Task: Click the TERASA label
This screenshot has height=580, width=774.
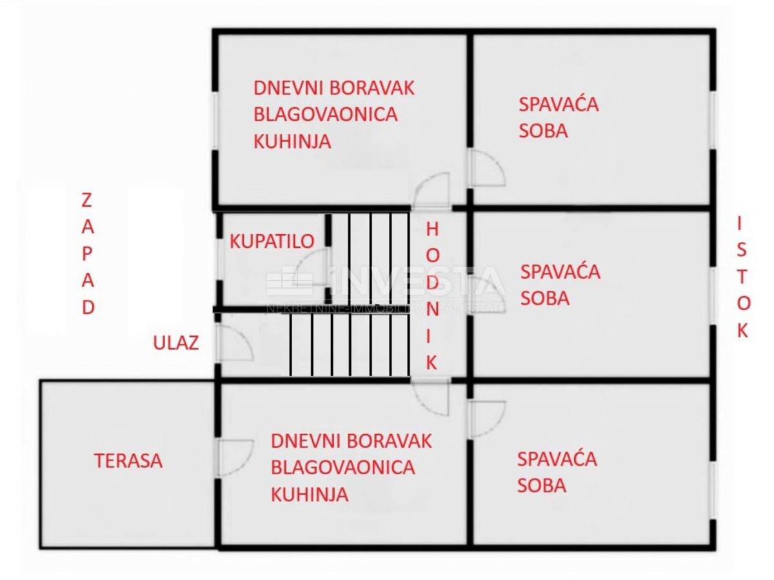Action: click(x=128, y=461)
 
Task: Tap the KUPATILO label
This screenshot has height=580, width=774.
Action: click(x=272, y=241)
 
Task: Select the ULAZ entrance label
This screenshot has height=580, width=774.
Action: click(x=175, y=343)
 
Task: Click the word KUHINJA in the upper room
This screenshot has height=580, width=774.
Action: click(x=292, y=141)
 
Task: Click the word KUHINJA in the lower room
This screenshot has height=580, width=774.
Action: click(x=310, y=494)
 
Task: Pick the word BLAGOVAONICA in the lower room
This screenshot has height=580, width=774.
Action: click(x=342, y=467)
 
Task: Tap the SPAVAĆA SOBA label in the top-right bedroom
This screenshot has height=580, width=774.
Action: click(x=559, y=117)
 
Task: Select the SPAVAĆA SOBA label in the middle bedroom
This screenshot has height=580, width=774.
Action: click(x=560, y=285)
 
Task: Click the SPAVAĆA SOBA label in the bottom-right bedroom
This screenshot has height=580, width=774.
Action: click(x=557, y=472)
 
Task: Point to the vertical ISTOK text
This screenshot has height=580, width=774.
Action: click(x=742, y=277)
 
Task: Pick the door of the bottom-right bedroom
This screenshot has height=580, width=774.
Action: click(x=486, y=417)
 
